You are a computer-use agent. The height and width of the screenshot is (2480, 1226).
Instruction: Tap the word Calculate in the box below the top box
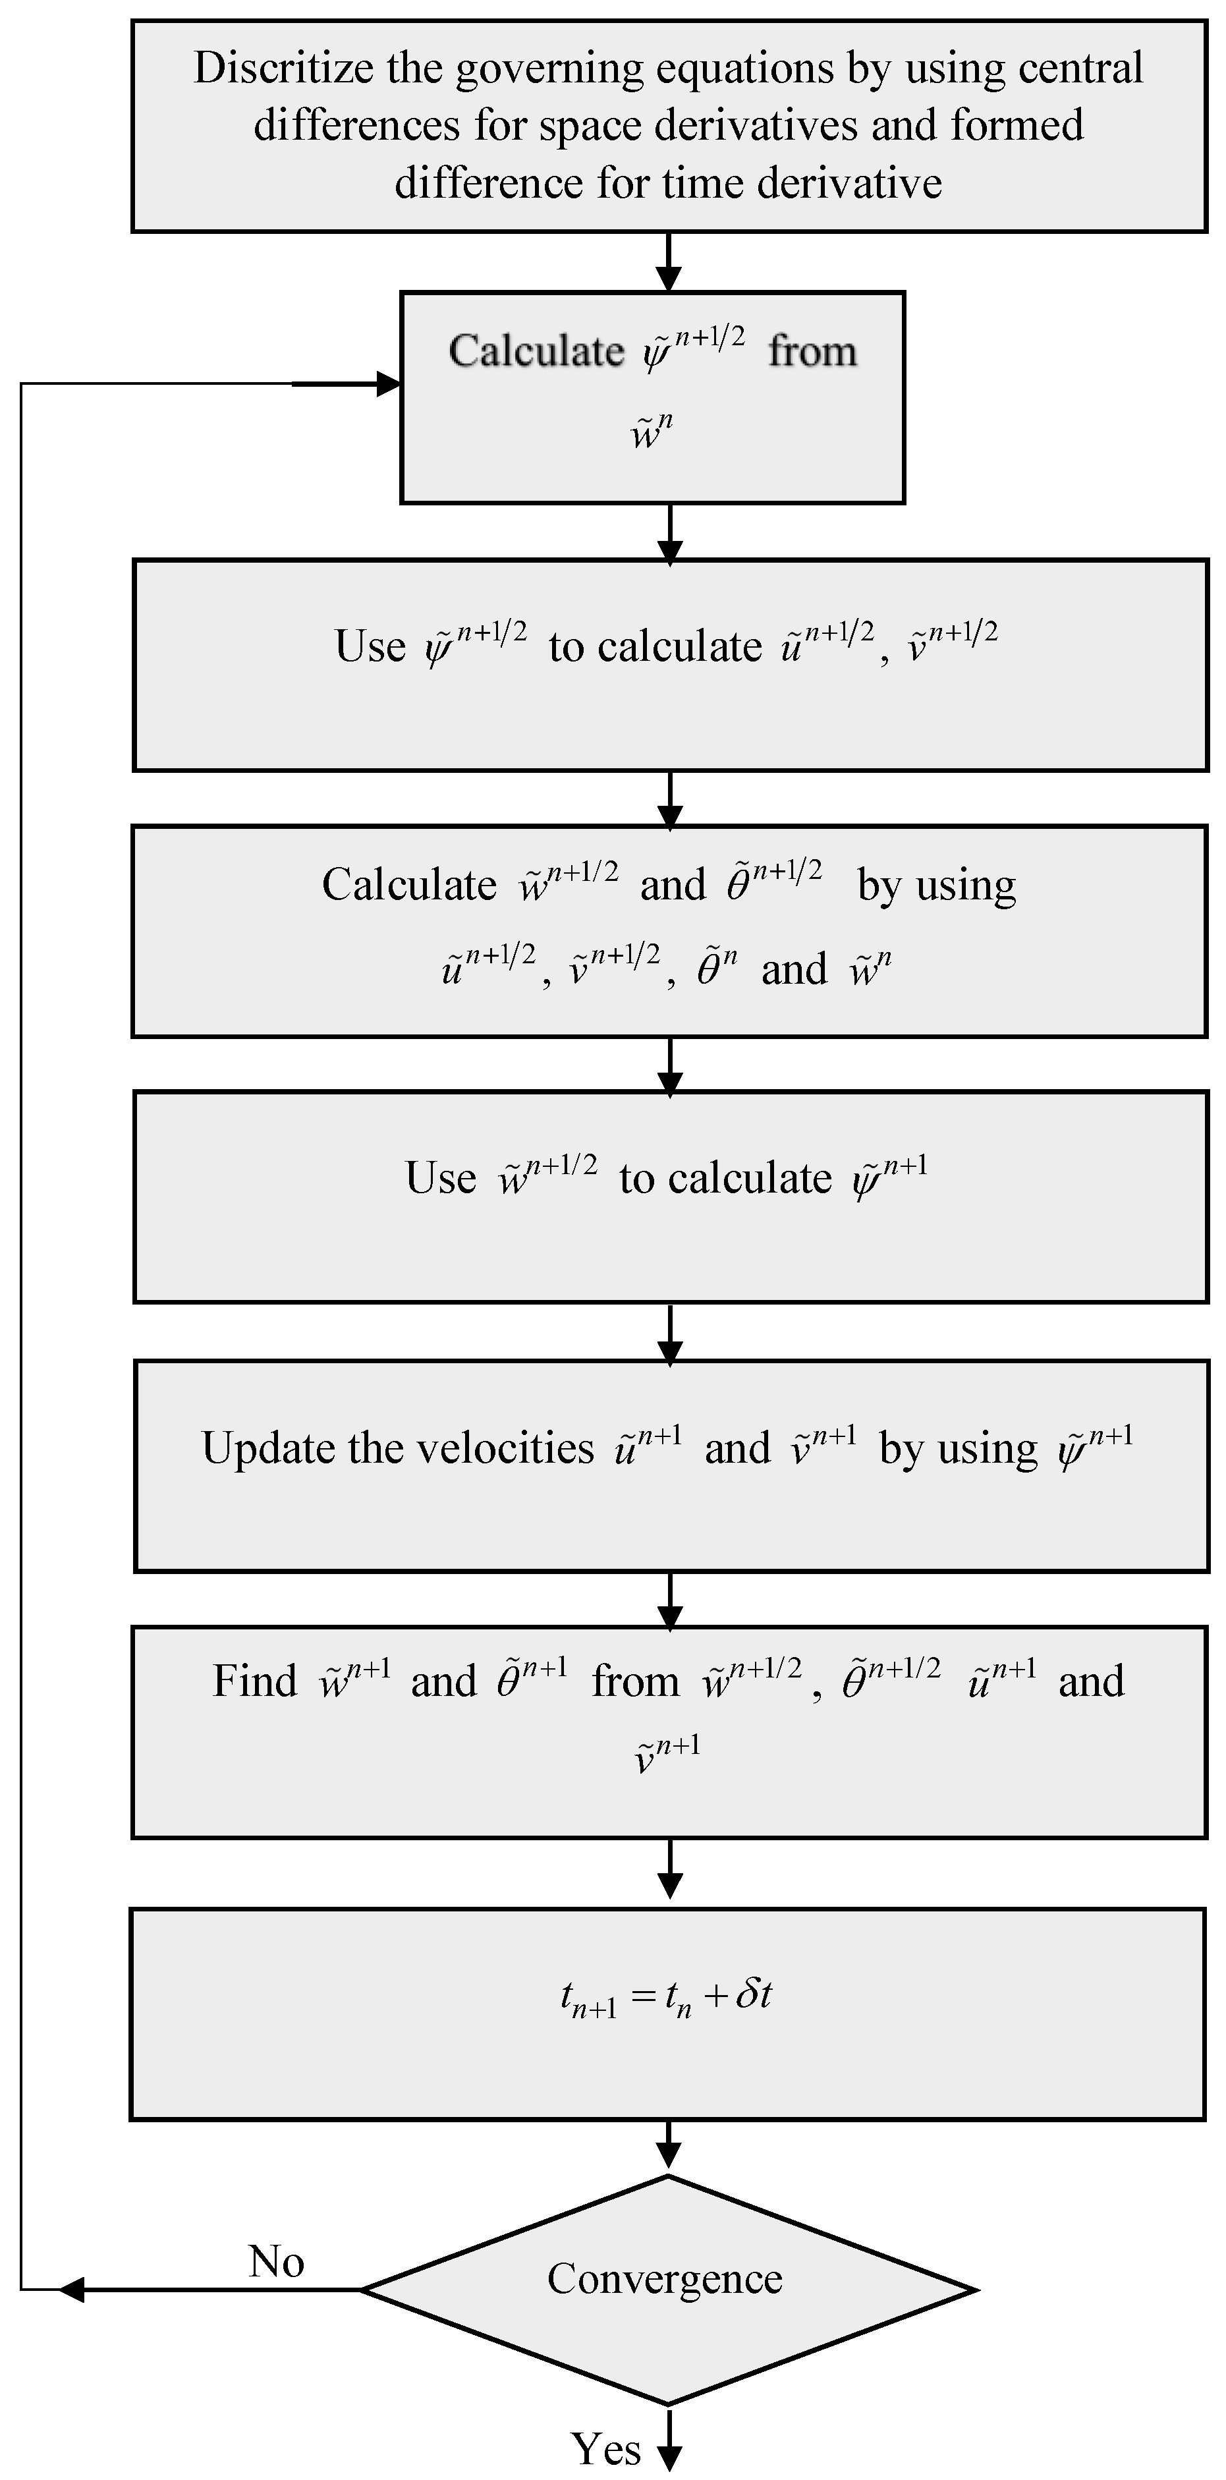coord(536,351)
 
